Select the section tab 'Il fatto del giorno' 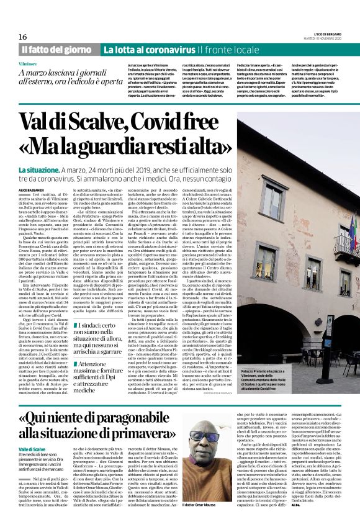[58, 49]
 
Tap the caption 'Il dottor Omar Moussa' [192, 520]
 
